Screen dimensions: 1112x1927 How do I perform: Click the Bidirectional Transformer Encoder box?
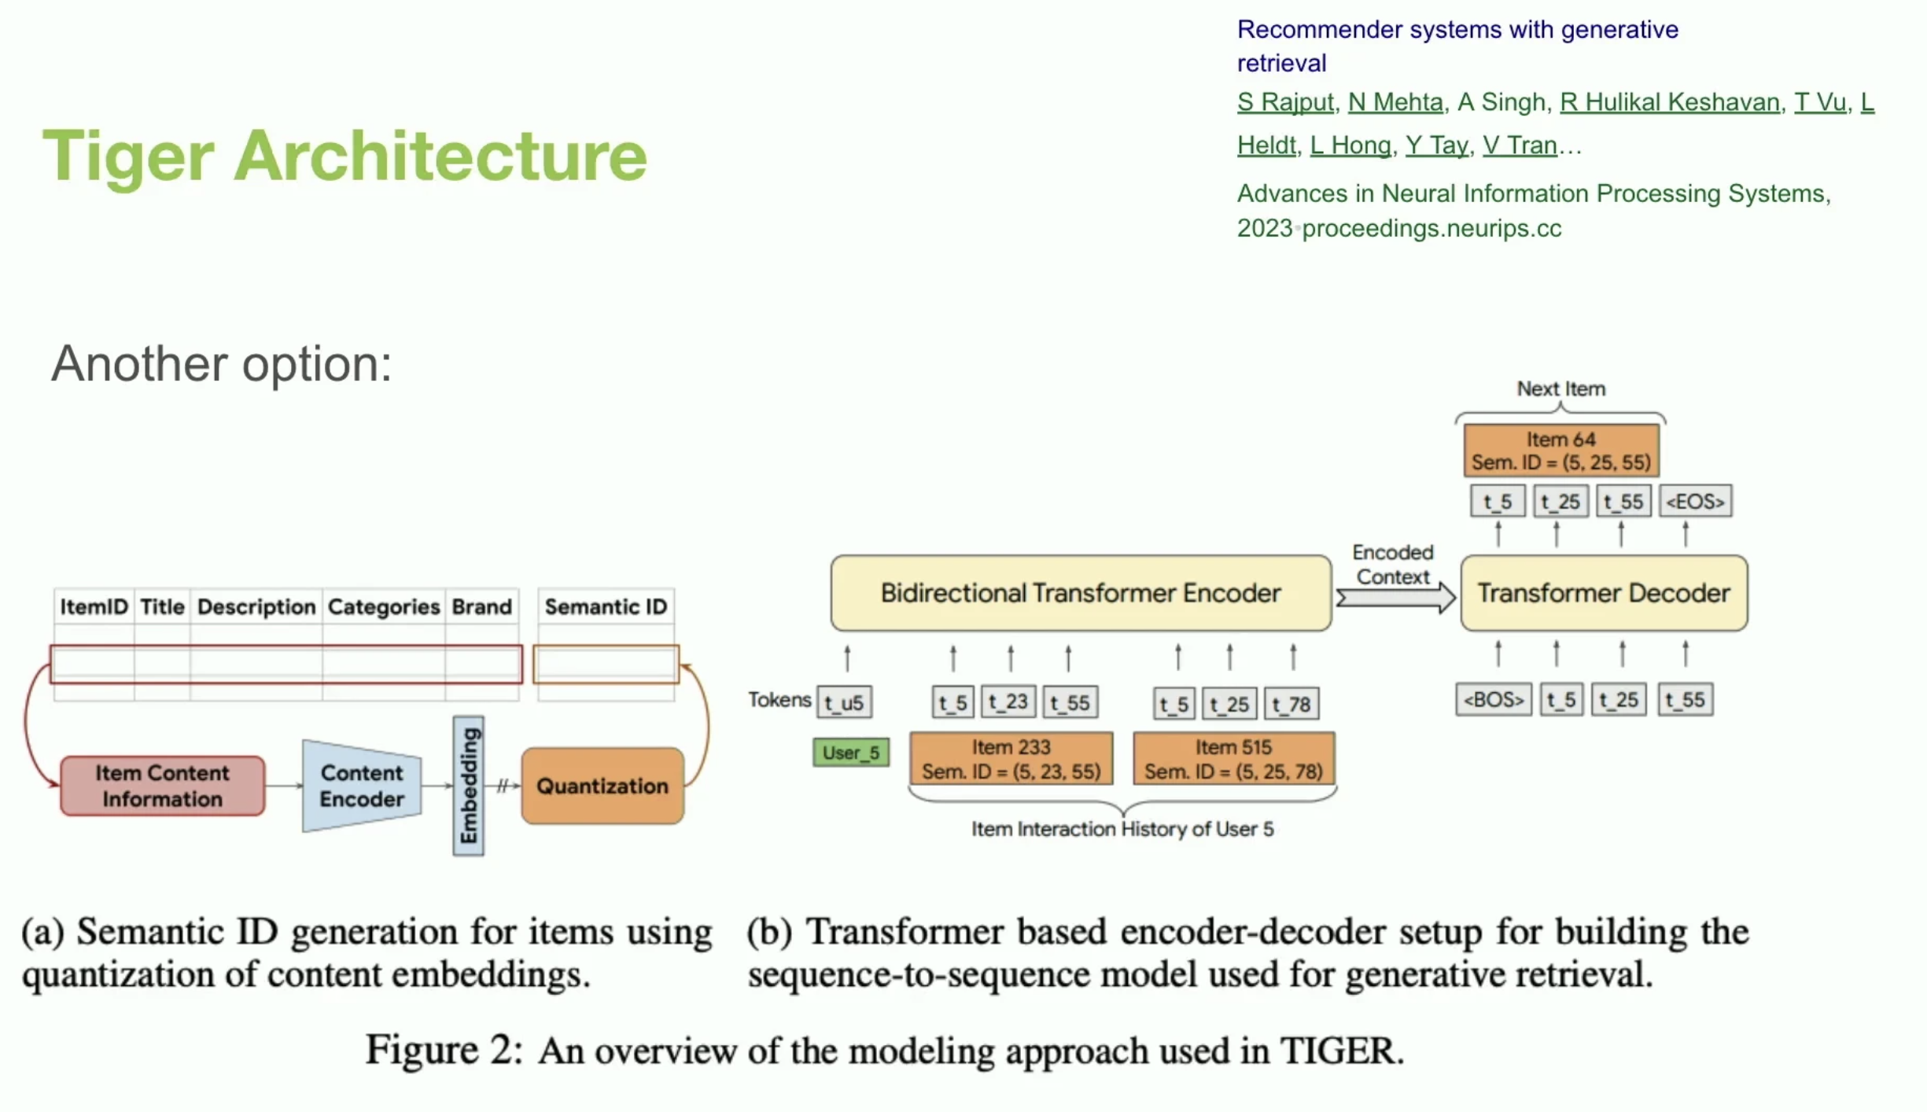click(x=1081, y=593)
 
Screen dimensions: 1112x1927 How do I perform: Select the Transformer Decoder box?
click(x=1604, y=593)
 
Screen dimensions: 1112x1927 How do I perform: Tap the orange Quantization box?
click(x=602, y=786)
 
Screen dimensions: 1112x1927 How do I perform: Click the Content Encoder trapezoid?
click(x=362, y=786)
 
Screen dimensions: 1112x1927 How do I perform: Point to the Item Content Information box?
click(x=162, y=786)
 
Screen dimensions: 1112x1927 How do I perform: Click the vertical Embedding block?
click(x=468, y=786)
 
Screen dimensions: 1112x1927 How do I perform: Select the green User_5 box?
click(x=851, y=753)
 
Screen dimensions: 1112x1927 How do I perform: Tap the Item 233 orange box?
click(x=1011, y=759)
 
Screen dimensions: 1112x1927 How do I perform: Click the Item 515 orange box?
click(x=1233, y=759)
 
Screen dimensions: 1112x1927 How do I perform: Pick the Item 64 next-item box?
click(x=1561, y=451)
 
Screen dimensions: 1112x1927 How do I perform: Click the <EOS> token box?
click(x=1695, y=501)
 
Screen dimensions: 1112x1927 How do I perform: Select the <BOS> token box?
click(x=1493, y=699)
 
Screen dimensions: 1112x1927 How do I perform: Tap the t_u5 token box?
click(x=844, y=702)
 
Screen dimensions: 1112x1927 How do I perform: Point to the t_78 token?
click(x=1291, y=704)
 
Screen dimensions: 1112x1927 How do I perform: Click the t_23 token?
click(x=1008, y=701)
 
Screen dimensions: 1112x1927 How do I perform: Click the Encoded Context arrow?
click(x=1395, y=598)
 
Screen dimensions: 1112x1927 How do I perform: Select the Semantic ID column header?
click(x=606, y=606)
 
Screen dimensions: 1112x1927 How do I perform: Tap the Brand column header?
click(x=481, y=606)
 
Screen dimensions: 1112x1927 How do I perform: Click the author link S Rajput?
click(x=1285, y=102)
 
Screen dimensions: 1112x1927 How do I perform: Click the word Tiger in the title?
click(x=128, y=156)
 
